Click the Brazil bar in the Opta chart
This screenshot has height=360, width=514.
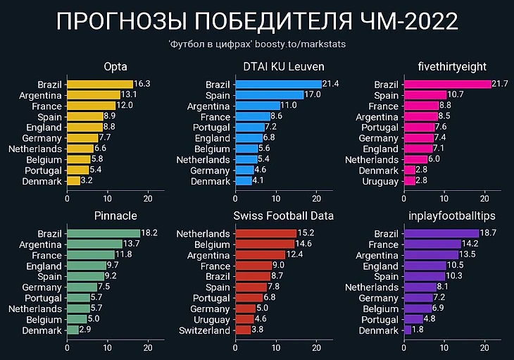point(100,84)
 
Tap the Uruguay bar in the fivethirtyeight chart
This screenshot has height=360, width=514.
point(410,181)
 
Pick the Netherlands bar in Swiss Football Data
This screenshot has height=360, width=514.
point(265,233)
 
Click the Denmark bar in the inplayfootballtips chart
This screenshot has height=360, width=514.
point(408,330)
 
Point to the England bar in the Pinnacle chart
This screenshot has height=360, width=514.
point(86,266)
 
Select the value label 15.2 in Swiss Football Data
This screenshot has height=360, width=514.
point(306,233)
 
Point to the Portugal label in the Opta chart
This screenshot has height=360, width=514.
point(44,170)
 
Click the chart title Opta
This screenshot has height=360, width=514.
point(115,67)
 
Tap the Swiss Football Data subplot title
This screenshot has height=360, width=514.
point(284,216)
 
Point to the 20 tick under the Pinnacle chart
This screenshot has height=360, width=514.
point(148,347)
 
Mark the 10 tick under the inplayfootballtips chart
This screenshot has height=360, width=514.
point(444,347)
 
